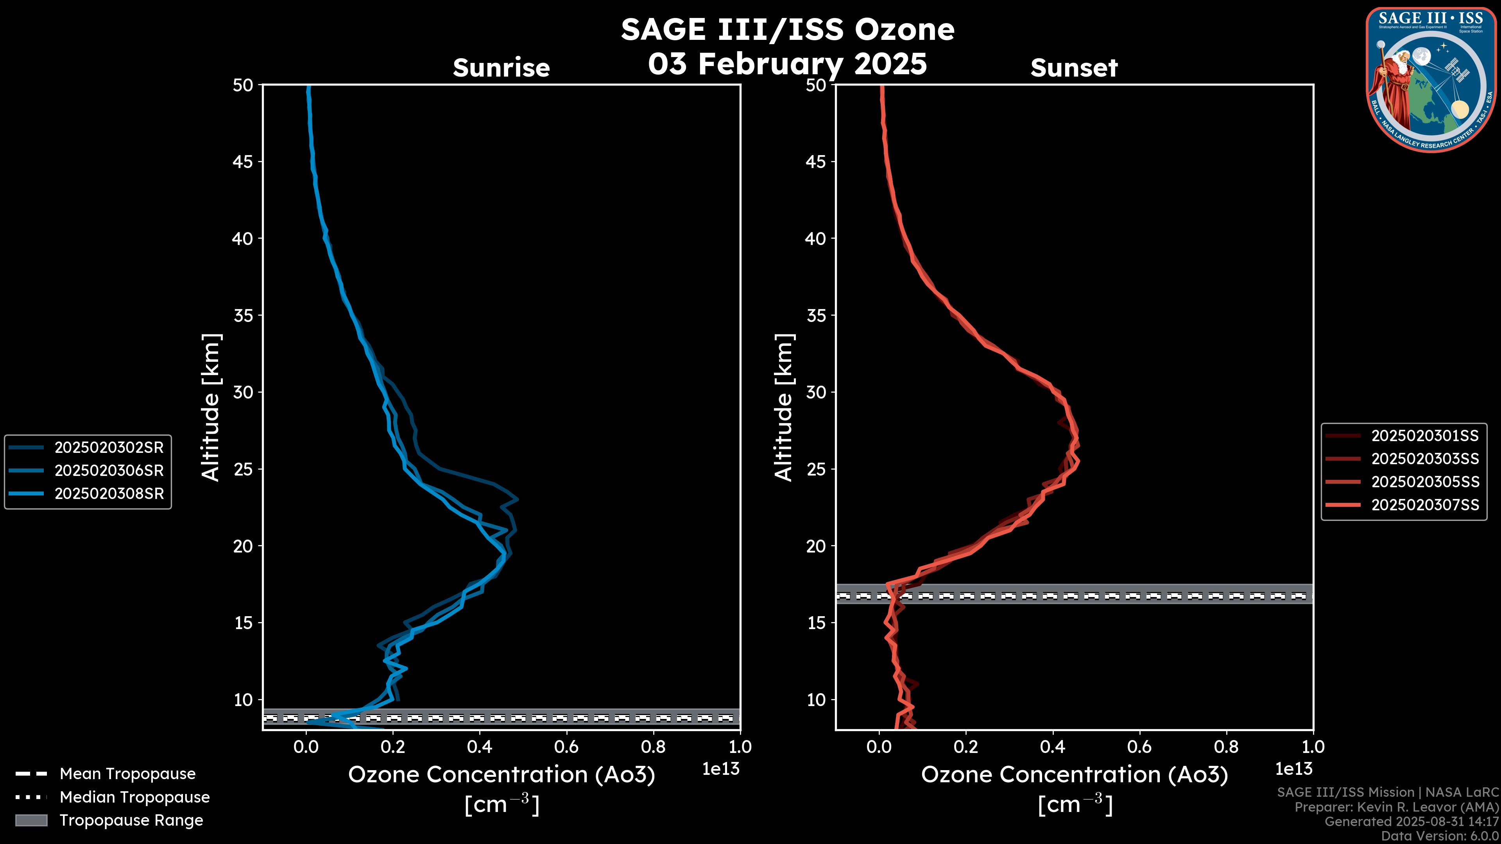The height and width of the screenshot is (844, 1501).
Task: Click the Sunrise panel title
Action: coord(501,68)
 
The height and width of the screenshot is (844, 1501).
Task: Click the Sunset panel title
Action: coord(1074,68)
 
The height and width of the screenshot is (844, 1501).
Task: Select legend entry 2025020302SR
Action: coord(109,447)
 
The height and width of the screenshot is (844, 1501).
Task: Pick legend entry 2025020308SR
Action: coord(109,494)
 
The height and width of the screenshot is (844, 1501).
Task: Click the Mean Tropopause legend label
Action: coord(127,774)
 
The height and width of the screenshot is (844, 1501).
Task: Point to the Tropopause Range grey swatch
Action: coord(31,820)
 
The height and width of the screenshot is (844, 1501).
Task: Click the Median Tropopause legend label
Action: coord(134,797)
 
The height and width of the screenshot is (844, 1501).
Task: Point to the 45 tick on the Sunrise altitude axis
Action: coord(243,161)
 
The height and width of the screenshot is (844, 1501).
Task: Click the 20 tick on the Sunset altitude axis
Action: coord(816,546)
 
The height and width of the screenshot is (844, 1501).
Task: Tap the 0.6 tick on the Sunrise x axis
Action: coord(566,747)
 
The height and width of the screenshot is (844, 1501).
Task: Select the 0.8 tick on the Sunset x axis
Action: coord(1226,747)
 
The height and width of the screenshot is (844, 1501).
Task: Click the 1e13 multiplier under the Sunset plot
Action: coord(1293,769)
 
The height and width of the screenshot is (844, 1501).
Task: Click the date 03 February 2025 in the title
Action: coord(787,63)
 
